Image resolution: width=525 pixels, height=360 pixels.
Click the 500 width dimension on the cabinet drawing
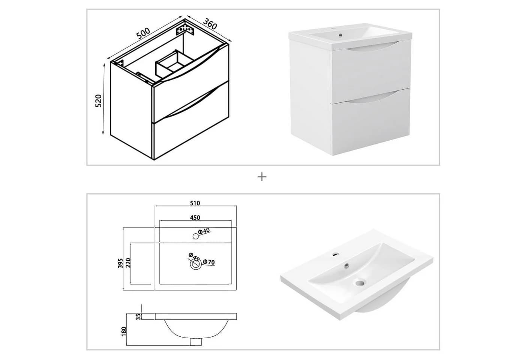point(143,33)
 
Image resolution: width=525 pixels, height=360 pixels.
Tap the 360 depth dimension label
point(210,24)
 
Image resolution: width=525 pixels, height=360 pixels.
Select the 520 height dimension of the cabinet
point(99,101)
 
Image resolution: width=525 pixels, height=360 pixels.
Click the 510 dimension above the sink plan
point(195,203)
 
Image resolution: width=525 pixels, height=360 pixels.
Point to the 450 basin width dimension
point(195,218)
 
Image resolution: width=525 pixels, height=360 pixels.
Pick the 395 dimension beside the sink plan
point(120,263)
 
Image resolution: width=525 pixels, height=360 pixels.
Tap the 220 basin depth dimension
point(128,263)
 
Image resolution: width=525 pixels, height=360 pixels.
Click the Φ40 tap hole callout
point(204,231)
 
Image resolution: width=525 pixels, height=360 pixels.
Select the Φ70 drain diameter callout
point(209,262)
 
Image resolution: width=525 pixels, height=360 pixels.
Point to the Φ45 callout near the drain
point(194,256)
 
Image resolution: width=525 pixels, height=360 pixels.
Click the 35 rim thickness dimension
point(139,316)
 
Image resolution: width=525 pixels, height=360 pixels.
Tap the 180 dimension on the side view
point(124,331)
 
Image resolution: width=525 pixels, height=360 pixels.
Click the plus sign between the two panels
point(262,177)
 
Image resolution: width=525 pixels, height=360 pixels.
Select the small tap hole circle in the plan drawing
point(196,236)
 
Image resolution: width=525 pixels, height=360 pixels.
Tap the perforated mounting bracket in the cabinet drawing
point(185,30)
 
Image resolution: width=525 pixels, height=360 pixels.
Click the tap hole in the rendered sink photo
point(336,254)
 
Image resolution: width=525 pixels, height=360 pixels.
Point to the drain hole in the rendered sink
point(359,283)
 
